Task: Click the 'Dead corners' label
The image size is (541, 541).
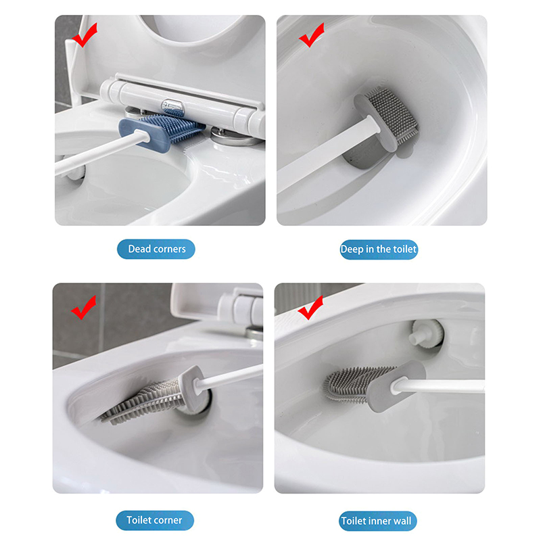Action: click(x=156, y=249)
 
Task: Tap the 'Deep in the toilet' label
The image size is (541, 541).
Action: click(x=379, y=250)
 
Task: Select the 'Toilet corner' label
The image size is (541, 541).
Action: click(x=155, y=520)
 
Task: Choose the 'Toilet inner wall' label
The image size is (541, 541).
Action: click(x=377, y=521)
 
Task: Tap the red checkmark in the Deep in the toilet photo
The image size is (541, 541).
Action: click(x=312, y=36)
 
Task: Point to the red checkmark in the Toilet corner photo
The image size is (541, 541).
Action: click(x=84, y=308)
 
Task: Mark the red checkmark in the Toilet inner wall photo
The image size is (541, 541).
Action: click(x=310, y=308)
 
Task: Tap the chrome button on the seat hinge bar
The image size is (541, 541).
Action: click(x=174, y=106)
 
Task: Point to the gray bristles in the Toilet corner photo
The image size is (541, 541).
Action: click(x=142, y=402)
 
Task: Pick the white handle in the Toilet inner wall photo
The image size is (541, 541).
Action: click(x=438, y=385)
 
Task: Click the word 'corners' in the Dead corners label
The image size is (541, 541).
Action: click(x=169, y=249)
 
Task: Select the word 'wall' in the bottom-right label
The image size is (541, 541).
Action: click(x=402, y=521)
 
